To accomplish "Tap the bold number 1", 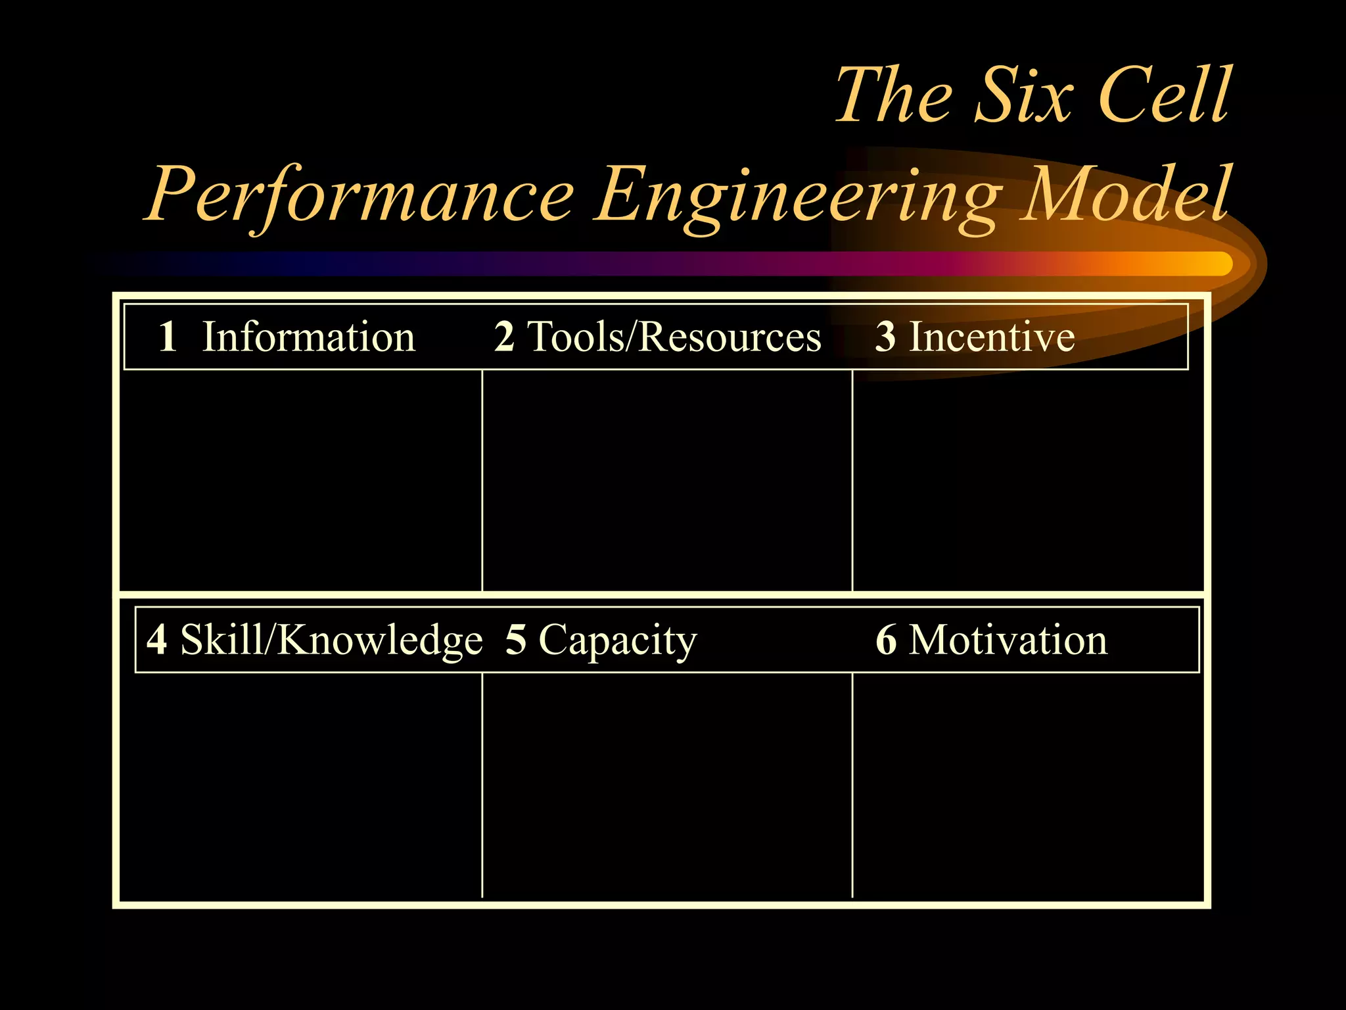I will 168,337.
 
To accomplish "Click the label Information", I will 308,337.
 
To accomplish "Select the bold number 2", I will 504,337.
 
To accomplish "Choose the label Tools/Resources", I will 674,337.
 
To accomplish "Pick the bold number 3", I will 885,337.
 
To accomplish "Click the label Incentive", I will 992,337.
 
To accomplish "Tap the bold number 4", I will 156,639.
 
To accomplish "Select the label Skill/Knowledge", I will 331,640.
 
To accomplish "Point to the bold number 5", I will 516,639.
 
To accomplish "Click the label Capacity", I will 617,640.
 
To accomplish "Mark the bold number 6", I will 886,639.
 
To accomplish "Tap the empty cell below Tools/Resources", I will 667,480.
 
